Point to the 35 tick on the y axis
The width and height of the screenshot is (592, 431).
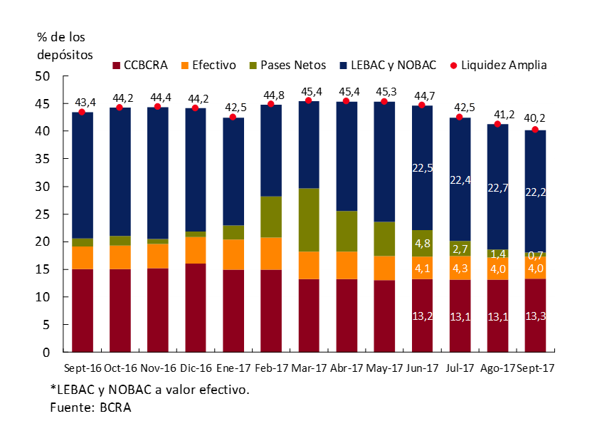coord(43,160)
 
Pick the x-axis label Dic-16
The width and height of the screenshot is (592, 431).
coord(195,368)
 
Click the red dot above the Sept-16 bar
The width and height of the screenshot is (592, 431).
coord(82,112)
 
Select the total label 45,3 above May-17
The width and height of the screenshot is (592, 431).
coord(384,91)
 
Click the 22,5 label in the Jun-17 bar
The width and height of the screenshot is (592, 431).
coord(422,167)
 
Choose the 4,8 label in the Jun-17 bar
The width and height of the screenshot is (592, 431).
coord(422,243)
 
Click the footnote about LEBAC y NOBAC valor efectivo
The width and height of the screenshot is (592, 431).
coord(149,390)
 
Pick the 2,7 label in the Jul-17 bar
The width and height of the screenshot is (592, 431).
coord(460,249)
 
